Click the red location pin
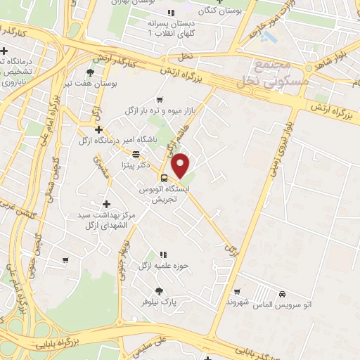(x=181, y=165)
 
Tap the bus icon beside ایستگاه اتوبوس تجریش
(x=163, y=178)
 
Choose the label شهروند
(x=238, y=301)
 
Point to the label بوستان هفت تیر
(x=89, y=83)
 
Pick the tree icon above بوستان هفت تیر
(x=89, y=72)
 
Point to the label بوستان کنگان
(x=217, y=11)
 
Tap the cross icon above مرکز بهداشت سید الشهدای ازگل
(x=105, y=204)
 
